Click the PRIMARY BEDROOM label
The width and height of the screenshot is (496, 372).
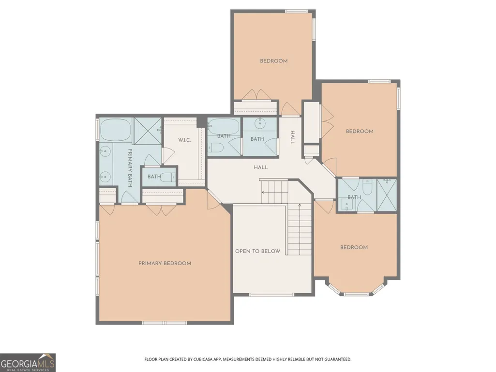click(x=165, y=263)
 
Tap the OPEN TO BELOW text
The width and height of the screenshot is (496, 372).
click(x=257, y=251)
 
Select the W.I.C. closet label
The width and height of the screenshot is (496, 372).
click(x=184, y=140)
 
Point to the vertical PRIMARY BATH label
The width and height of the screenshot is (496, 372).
click(x=130, y=168)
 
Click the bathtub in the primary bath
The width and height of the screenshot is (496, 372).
click(x=115, y=130)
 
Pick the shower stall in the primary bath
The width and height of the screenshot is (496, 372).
click(x=147, y=131)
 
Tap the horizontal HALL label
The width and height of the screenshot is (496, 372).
click(x=261, y=167)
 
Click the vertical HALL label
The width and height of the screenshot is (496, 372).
click(x=293, y=137)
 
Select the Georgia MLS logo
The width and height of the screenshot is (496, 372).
click(x=28, y=362)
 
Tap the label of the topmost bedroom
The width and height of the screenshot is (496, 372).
click(x=273, y=61)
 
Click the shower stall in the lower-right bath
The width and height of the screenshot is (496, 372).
click(x=387, y=195)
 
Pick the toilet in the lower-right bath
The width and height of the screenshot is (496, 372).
click(x=367, y=187)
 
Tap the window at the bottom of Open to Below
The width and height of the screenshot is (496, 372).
click(x=271, y=295)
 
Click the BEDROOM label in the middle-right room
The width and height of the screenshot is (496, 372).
click(x=360, y=131)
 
